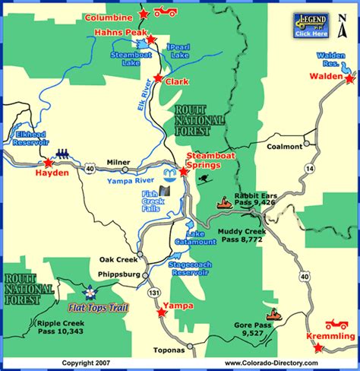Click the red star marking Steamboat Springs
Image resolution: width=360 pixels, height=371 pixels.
click(184, 171)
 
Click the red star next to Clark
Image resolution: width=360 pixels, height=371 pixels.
click(157, 78)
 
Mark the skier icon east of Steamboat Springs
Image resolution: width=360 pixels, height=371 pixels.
click(204, 179)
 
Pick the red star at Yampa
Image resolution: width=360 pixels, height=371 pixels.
click(160, 312)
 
